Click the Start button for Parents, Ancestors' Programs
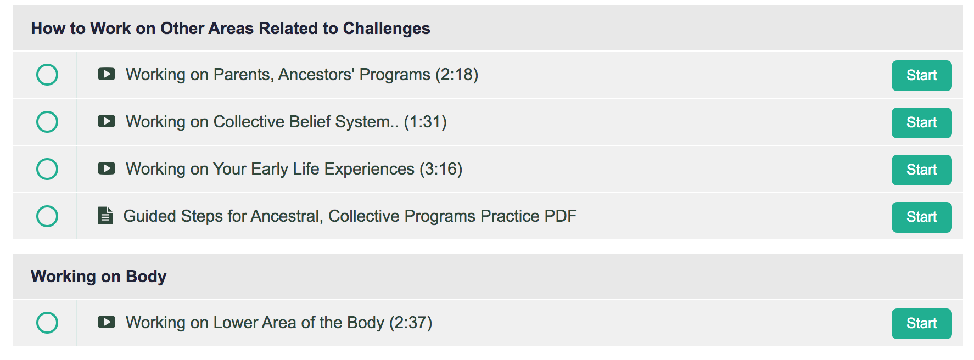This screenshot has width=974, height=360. pyautogui.click(x=921, y=76)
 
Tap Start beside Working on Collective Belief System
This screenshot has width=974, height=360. pyautogui.click(x=921, y=123)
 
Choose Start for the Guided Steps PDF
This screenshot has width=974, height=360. pyautogui.click(x=921, y=217)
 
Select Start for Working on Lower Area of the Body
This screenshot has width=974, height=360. pyautogui.click(x=921, y=324)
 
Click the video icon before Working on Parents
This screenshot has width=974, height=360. pyautogui.click(x=107, y=74)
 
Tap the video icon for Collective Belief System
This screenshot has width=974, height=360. pyautogui.click(x=107, y=121)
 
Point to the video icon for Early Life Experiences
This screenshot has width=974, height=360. pyautogui.click(x=107, y=168)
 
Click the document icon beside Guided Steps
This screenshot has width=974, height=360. pyautogui.click(x=105, y=216)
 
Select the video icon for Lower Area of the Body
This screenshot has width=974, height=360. pyautogui.click(x=107, y=322)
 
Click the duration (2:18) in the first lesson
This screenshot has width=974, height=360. pyautogui.click(x=457, y=75)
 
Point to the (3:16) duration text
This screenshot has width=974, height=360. pyautogui.click(x=441, y=169)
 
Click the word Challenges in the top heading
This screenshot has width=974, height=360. pyautogui.click(x=387, y=29)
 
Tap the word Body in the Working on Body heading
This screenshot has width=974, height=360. pyautogui.click(x=146, y=277)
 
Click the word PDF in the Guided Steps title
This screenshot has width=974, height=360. pyautogui.click(x=561, y=216)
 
